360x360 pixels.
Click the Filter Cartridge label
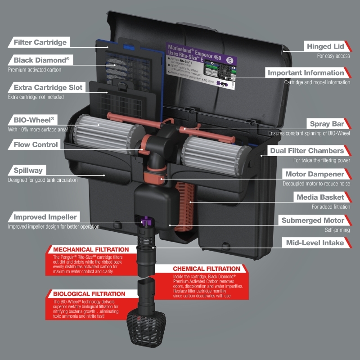tap(40, 42)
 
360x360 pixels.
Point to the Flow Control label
tap(36, 144)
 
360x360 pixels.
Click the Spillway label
tap(28, 171)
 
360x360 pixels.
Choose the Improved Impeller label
tap(45, 217)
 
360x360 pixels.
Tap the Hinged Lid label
tap(325, 46)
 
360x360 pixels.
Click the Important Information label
tap(306, 72)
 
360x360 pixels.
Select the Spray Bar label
tap(327, 124)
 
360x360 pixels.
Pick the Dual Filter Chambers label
tap(307, 151)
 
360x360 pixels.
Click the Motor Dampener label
tap(315, 174)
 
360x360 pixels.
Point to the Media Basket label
tap(320, 197)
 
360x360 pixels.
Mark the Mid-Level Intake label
tap(315, 243)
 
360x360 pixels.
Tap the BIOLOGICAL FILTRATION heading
tap(89, 293)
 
